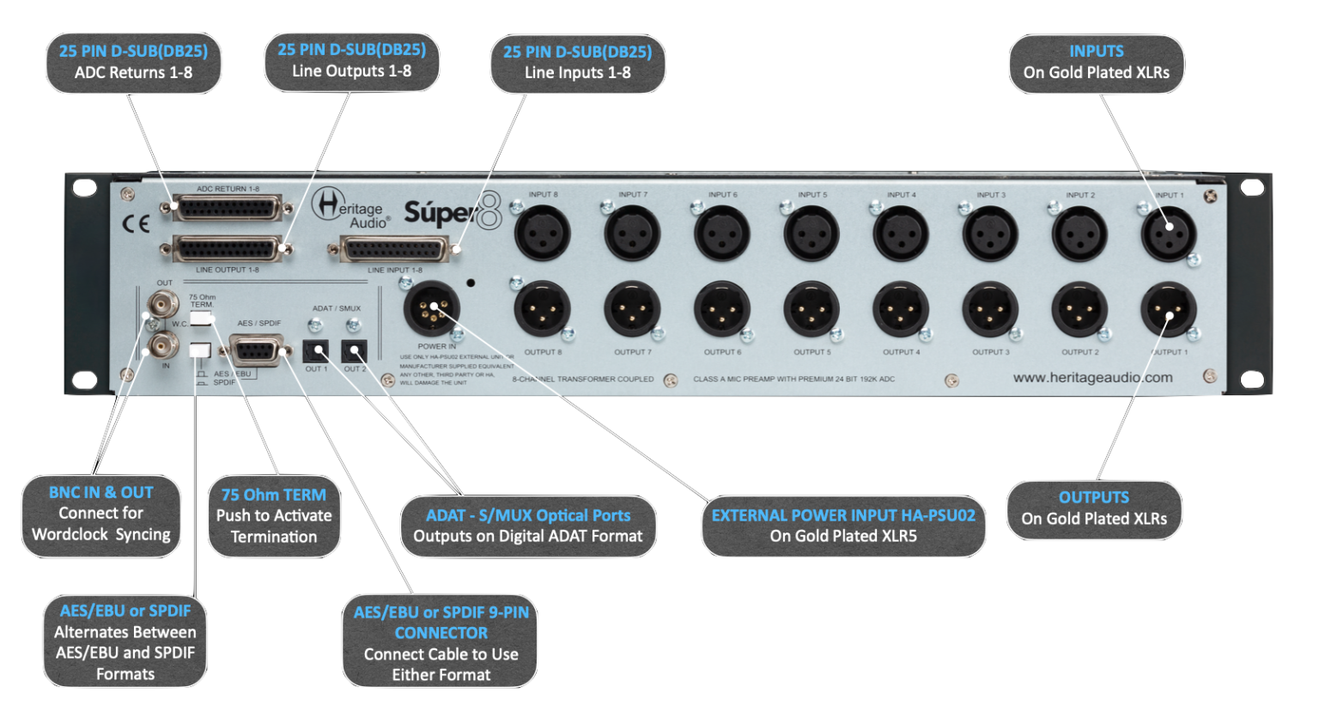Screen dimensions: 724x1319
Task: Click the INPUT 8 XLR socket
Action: pyautogui.click(x=543, y=234)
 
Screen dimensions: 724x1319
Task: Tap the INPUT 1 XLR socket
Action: pyautogui.click(x=1168, y=234)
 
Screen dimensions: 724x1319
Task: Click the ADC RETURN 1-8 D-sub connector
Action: pyautogui.click(x=228, y=208)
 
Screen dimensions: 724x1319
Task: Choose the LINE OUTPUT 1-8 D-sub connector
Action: pyautogui.click(x=228, y=250)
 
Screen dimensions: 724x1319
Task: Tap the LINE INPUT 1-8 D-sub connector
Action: pyautogui.click(x=395, y=250)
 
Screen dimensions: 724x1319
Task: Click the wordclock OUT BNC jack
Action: pyautogui.click(x=162, y=304)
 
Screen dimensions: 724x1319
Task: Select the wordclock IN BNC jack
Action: pyautogui.click(x=162, y=346)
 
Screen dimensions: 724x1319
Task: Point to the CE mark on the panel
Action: pyautogui.click(x=136, y=224)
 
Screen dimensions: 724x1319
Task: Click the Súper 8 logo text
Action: pyautogui.click(x=452, y=211)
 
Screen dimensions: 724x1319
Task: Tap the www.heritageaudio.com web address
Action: pyautogui.click(x=1092, y=377)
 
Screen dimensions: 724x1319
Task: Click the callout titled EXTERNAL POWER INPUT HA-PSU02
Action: pyautogui.click(x=843, y=526)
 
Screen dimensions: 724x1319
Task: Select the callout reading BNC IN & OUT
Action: pyautogui.click(x=101, y=514)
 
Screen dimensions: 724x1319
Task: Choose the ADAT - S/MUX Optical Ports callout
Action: pyautogui.click(x=528, y=526)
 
